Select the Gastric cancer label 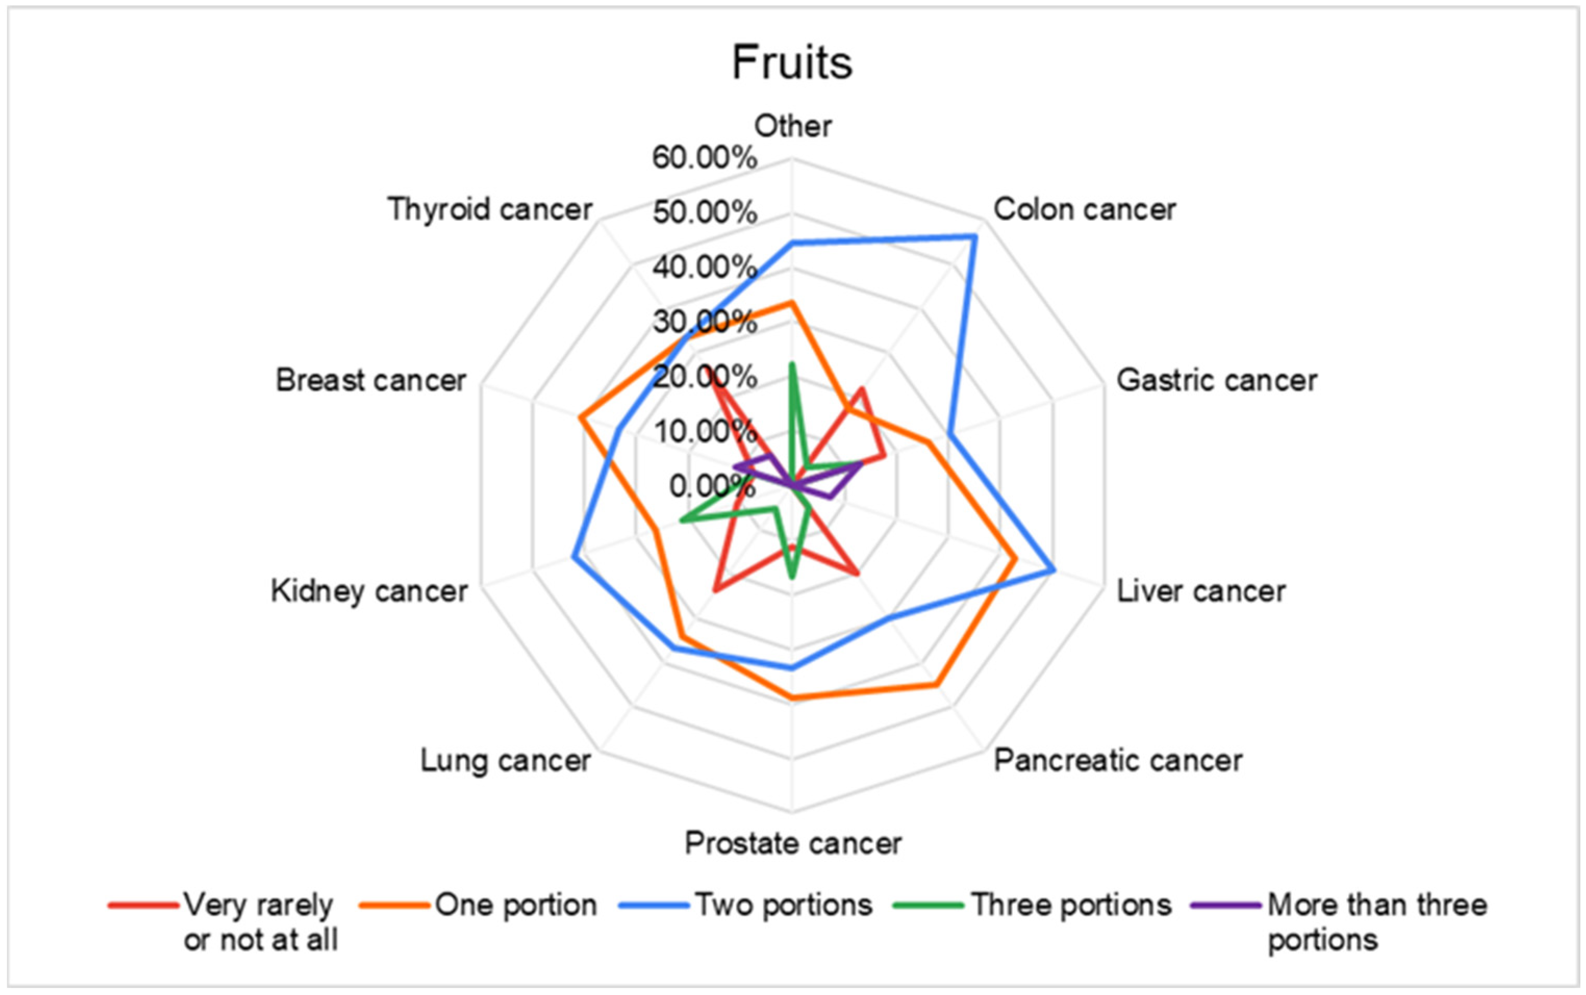click(x=1216, y=380)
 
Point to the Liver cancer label click(x=1201, y=591)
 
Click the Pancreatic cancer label click(x=1118, y=761)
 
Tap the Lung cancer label click(x=505, y=761)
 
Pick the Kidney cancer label click(x=369, y=591)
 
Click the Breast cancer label click(x=371, y=380)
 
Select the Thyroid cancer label click(x=490, y=210)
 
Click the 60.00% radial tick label click(x=704, y=158)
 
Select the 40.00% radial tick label click(x=704, y=267)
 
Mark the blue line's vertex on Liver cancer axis click(x=1054, y=570)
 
